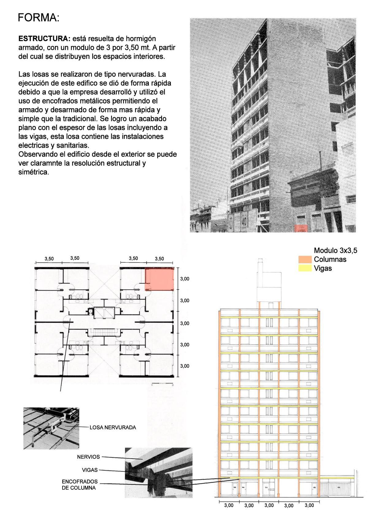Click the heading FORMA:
38,18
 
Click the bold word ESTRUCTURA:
44,39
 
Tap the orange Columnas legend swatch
305,260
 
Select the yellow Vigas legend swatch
305,268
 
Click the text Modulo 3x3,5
335,251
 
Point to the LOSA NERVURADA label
113,427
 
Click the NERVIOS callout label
88,457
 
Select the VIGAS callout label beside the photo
90,470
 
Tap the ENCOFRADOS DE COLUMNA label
79,485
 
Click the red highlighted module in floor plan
159,279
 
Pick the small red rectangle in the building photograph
301,228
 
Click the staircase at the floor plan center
104,332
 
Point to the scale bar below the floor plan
163,383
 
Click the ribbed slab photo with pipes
51,428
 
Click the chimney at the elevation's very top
261,265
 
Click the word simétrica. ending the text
34,172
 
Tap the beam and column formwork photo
159,472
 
